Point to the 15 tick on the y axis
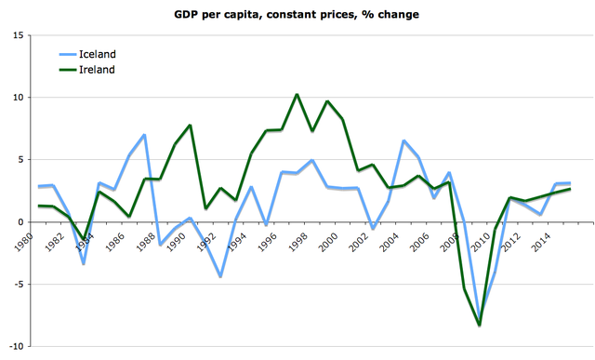click(x=17, y=35)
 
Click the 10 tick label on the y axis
click(x=17, y=98)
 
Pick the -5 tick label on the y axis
click(x=17, y=285)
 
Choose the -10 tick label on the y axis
click(x=15, y=347)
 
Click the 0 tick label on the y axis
click(x=20, y=222)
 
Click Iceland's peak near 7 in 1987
click(x=145, y=135)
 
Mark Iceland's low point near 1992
click(x=220, y=276)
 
